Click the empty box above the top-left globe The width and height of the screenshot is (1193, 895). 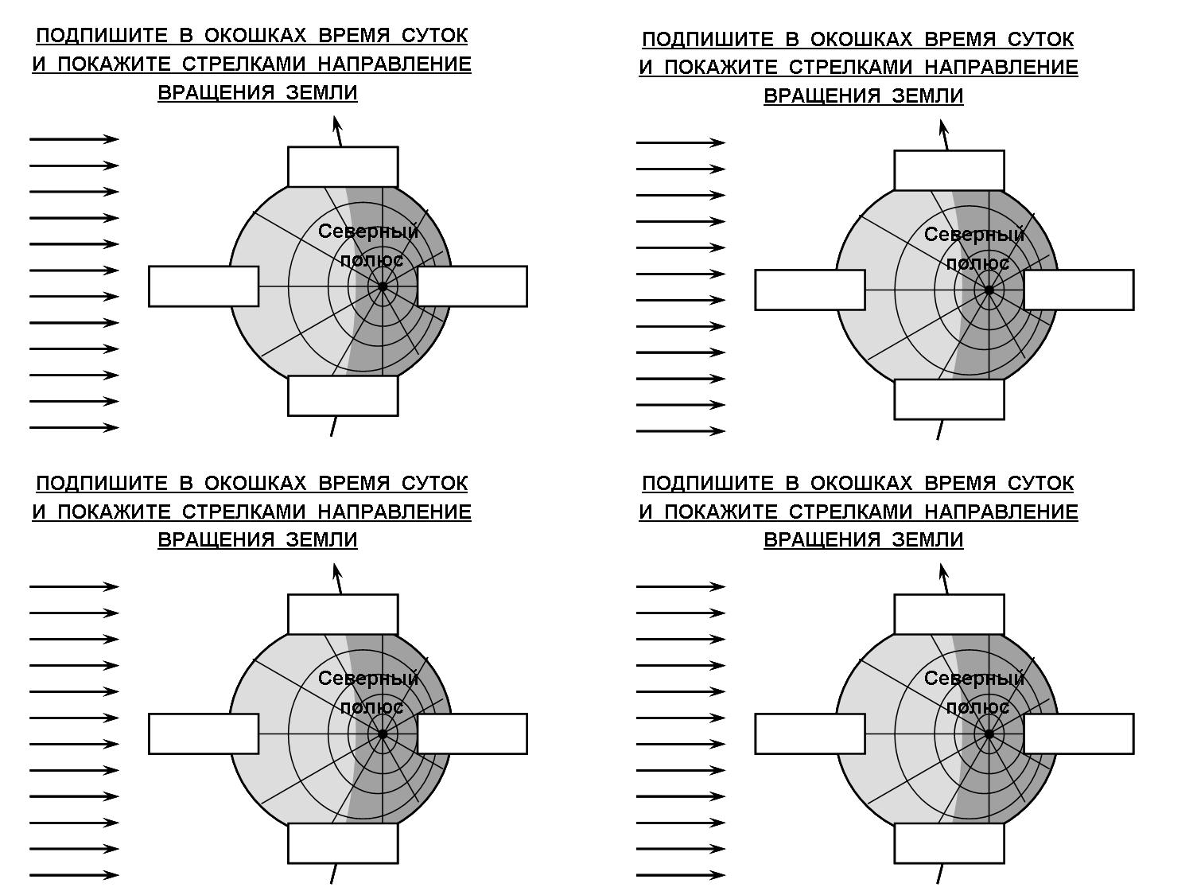343,167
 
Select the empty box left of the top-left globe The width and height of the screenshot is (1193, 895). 204,286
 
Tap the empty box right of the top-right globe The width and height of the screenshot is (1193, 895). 1078,290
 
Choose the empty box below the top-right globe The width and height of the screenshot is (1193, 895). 949,399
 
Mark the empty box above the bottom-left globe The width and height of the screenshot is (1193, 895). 343,614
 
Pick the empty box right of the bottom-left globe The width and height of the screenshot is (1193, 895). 472,734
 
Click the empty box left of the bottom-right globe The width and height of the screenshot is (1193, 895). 810,734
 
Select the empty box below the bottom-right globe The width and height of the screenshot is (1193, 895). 949,843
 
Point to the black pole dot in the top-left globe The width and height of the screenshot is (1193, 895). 383,286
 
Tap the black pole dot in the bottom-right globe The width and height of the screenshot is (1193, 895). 989,734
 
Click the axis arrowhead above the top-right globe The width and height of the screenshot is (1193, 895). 943,127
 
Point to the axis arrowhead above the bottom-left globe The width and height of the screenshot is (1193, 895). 337,570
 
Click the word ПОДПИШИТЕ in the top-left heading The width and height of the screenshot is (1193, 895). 102,36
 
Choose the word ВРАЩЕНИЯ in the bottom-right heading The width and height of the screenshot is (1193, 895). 822,539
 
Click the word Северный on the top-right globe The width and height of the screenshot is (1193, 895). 974,235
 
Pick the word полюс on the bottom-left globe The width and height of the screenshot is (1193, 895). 371,707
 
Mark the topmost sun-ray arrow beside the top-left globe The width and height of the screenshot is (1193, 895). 74,139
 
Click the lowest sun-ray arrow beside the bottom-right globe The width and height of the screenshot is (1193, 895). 681,875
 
